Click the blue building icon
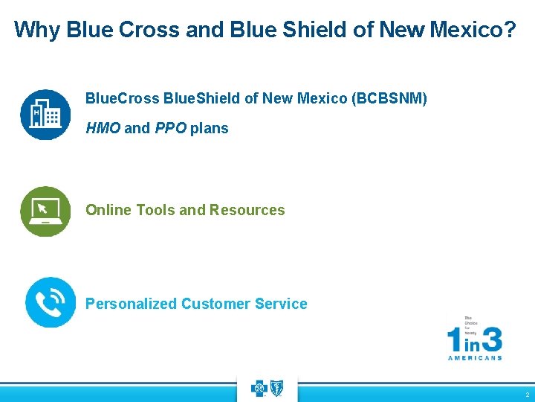click(45, 115)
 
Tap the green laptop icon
click(45, 211)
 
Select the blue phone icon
click(50, 302)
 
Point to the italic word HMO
click(103, 128)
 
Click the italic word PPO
click(170, 128)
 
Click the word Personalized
click(132, 304)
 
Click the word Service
click(281, 304)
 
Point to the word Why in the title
click(37, 30)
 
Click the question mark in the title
click(509, 30)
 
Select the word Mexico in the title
click(463, 30)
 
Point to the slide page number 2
click(527, 395)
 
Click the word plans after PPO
click(209, 128)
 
